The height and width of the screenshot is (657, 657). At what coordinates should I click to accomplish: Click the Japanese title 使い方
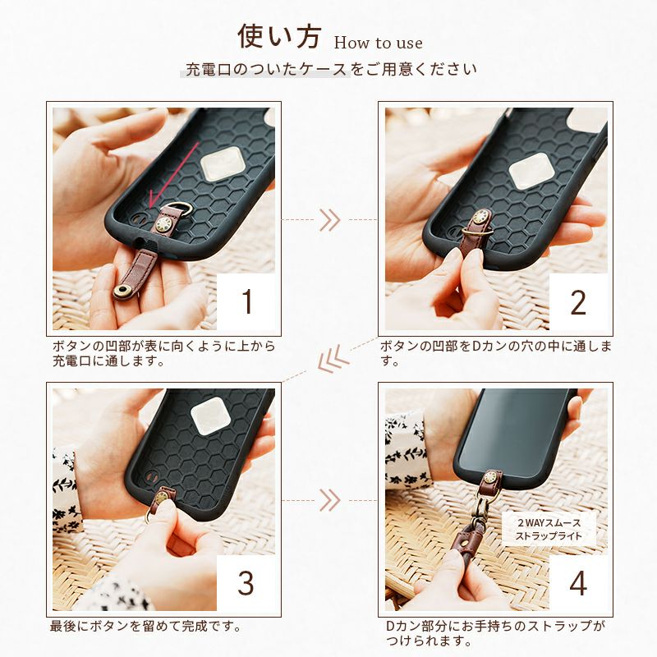[x=279, y=36]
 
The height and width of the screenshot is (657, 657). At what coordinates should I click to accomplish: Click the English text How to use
[x=379, y=43]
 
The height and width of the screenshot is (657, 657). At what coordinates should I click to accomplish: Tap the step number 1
[x=248, y=301]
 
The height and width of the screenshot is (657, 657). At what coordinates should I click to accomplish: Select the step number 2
[x=578, y=301]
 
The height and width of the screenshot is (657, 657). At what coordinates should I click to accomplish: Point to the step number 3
[x=246, y=582]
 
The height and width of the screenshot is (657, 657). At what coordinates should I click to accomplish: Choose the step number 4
[x=578, y=582]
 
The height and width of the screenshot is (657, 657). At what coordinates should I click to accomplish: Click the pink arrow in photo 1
[x=173, y=174]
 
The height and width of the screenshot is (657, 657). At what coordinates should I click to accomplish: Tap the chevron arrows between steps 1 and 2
[x=330, y=220]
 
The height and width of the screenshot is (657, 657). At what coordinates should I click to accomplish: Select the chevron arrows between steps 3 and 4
[x=330, y=500]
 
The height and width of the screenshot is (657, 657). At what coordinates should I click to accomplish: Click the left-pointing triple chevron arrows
[x=333, y=361]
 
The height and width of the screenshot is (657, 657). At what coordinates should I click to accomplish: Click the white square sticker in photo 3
[x=213, y=415]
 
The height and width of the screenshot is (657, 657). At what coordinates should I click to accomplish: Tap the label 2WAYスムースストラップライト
[x=549, y=529]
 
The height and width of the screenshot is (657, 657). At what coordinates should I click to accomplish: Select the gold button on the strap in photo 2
[x=480, y=218]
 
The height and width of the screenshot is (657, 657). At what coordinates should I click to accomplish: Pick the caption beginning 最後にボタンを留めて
[x=146, y=626]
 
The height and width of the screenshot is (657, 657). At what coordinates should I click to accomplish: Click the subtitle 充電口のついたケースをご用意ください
[x=331, y=69]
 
